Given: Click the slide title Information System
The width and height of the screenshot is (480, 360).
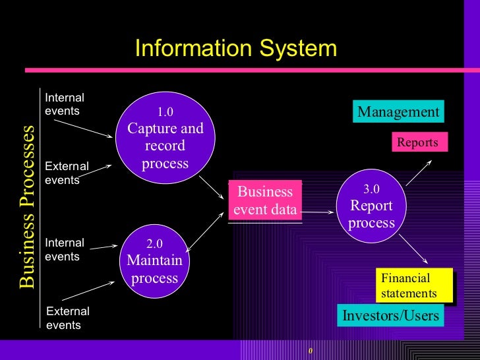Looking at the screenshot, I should [x=235, y=49].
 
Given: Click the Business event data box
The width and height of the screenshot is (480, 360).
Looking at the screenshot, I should [x=264, y=201].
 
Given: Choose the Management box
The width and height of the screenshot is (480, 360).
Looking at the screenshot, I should [x=398, y=112].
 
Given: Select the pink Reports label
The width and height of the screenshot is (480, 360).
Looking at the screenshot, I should [x=418, y=142].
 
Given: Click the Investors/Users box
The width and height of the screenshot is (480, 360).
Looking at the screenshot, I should [x=390, y=316].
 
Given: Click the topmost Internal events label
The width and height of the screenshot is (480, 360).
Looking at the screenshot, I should [x=64, y=104].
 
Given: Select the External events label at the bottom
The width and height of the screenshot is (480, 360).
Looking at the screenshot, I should [x=68, y=318].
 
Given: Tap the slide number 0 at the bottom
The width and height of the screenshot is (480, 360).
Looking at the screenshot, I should [x=310, y=350].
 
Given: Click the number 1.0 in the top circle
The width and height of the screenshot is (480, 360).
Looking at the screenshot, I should [x=165, y=112].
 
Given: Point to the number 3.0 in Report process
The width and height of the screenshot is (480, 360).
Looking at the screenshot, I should [x=371, y=189].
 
